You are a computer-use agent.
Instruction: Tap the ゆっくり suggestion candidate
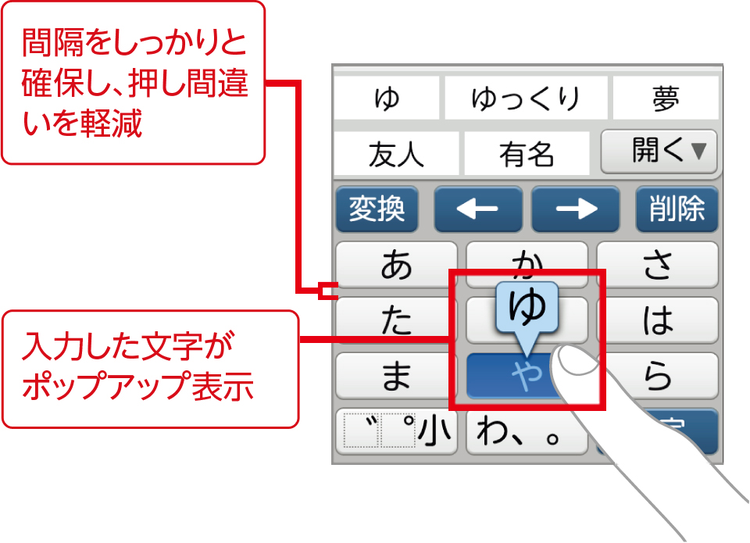coord(525,98)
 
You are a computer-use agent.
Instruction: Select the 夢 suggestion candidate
coord(664,98)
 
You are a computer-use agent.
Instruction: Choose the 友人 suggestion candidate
coord(396,154)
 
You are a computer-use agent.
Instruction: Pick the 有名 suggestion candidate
coord(526,154)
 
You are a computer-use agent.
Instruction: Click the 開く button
coord(659,151)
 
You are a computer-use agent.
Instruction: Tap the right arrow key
coord(576,209)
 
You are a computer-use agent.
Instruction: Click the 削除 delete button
coord(677,209)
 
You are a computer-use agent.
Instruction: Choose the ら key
coord(657,376)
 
